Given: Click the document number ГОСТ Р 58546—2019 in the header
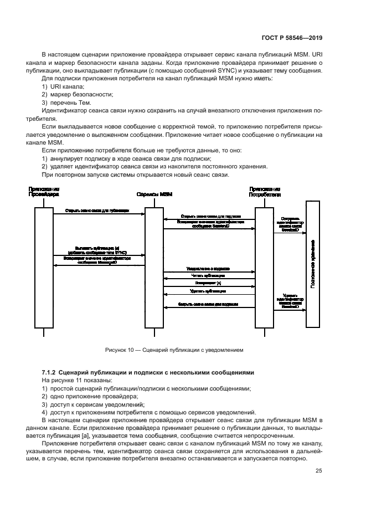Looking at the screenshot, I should tap(292, 37).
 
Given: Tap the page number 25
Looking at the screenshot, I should tap(319, 471).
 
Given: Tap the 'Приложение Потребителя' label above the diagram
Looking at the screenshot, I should tap(264, 192).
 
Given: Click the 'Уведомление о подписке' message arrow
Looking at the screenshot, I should tap(208, 269).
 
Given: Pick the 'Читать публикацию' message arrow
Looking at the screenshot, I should tap(208, 275).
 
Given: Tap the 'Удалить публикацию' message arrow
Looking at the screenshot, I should tap(208, 290).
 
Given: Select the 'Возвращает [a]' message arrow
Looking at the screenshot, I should tap(208, 283).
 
